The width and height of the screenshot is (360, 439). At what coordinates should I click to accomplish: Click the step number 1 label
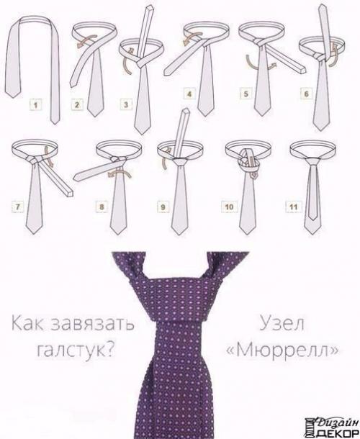tap(34, 103)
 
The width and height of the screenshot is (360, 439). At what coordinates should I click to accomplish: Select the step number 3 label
tap(127, 103)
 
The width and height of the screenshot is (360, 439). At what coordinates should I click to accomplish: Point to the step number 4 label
tap(189, 94)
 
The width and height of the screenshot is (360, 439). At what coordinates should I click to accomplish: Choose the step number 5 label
tap(245, 94)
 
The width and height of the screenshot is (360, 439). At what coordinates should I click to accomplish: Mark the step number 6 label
tap(306, 94)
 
